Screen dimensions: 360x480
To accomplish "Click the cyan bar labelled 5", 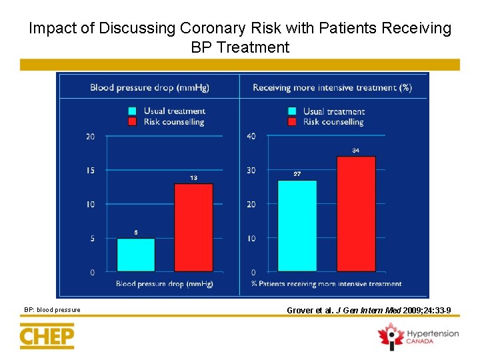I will [x=136, y=255].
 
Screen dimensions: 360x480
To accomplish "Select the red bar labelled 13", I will [x=193, y=227].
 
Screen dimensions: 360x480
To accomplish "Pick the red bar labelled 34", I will [x=356, y=213].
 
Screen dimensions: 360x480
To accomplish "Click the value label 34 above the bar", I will [x=356, y=151].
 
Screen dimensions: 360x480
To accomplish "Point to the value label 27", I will [x=297, y=174].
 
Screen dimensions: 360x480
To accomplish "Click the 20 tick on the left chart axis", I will [x=90, y=137].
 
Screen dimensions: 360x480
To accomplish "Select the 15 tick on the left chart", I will [x=90, y=171].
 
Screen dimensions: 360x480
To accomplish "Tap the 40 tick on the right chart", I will [x=251, y=137].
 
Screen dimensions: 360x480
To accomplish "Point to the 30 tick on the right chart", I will [x=251, y=171].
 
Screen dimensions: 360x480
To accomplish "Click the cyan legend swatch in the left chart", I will [x=132, y=111].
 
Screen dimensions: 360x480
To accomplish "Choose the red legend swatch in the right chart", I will [x=292, y=122].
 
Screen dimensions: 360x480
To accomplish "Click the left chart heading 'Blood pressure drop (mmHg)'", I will [x=147, y=87].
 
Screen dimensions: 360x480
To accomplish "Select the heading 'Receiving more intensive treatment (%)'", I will [x=332, y=87].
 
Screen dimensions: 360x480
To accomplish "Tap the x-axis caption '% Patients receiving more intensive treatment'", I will [x=326, y=284].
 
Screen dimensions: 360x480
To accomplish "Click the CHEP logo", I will [x=47, y=335].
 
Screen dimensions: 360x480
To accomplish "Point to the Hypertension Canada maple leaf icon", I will [x=390, y=335].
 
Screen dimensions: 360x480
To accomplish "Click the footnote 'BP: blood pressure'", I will [x=52, y=309].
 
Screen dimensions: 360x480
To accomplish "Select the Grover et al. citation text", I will [x=369, y=310].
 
